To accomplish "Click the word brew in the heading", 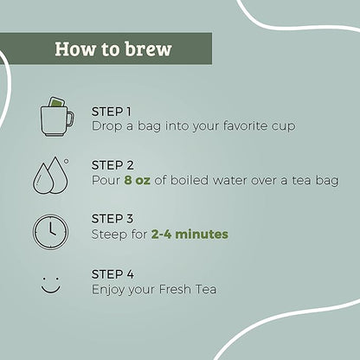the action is click(x=149, y=48).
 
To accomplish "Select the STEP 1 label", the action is click(x=111, y=112).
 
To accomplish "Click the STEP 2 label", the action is click(x=112, y=165).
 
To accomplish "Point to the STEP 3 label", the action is click(x=112, y=219).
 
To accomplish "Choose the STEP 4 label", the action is click(x=112, y=274).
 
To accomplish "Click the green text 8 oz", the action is click(x=138, y=181).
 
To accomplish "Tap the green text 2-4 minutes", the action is click(x=190, y=235).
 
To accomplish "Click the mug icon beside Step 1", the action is click(x=57, y=117).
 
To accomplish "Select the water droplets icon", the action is click(x=51, y=176).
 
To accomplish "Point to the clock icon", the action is click(x=51, y=232).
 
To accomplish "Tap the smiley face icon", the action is click(x=51, y=286).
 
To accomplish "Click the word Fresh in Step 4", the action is click(x=175, y=289).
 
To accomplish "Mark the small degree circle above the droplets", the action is click(x=67, y=162).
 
